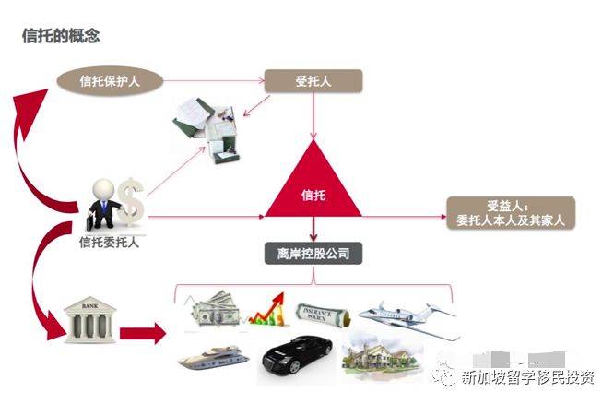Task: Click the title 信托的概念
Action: (61, 36)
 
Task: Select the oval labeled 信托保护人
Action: (111, 79)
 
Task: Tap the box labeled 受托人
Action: (313, 79)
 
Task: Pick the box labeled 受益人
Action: (510, 213)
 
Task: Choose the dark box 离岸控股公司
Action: (313, 251)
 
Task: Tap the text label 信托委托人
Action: (109, 243)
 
